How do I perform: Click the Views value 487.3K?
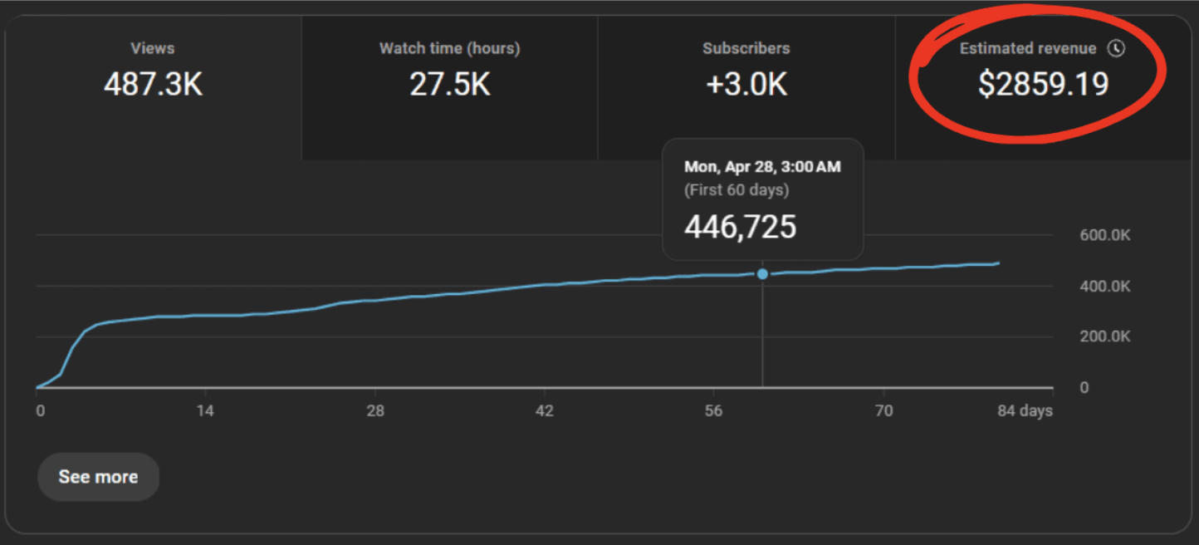pyautogui.click(x=153, y=84)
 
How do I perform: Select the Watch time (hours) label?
pyautogui.click(x=449, y=48)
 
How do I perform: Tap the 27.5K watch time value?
pyautogui.click(x=449, y=84)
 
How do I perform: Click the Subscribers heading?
pyautogui.click(x=746, y=48)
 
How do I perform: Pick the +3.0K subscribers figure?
pyautogui.click(x=746, y=84)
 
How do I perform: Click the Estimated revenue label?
pyautogui.click(x=1027, y=48)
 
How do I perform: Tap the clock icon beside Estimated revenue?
pyautogui.click(x=1117, y=48)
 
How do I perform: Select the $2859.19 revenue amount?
pyautogui.click(x=1043, y=84)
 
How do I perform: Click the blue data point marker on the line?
pyautogui.click(x=762, y=274)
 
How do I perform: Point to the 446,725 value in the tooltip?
pyautogui.click(x=740, y=226)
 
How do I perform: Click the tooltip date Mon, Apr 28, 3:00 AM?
pyautogui.click(x=762, y=167)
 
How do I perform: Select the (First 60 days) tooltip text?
pyautogui.click(x=736, y=189)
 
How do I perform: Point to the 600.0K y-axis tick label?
pyautogui.click(x=1104, y=235)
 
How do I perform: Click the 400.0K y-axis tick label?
pyautogui.click(x=1104, y=287)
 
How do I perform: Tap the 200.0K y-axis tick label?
pyautogui.click(x=1104, y=336)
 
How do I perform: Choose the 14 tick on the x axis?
pyautogui.click(x=205, y=411)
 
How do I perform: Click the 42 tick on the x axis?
pyautogui.click(x=544, y=411)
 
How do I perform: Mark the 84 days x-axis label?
pyautogui.click(x=1025, y=411)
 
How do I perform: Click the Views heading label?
pyautogui.click(x=153, y=48)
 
